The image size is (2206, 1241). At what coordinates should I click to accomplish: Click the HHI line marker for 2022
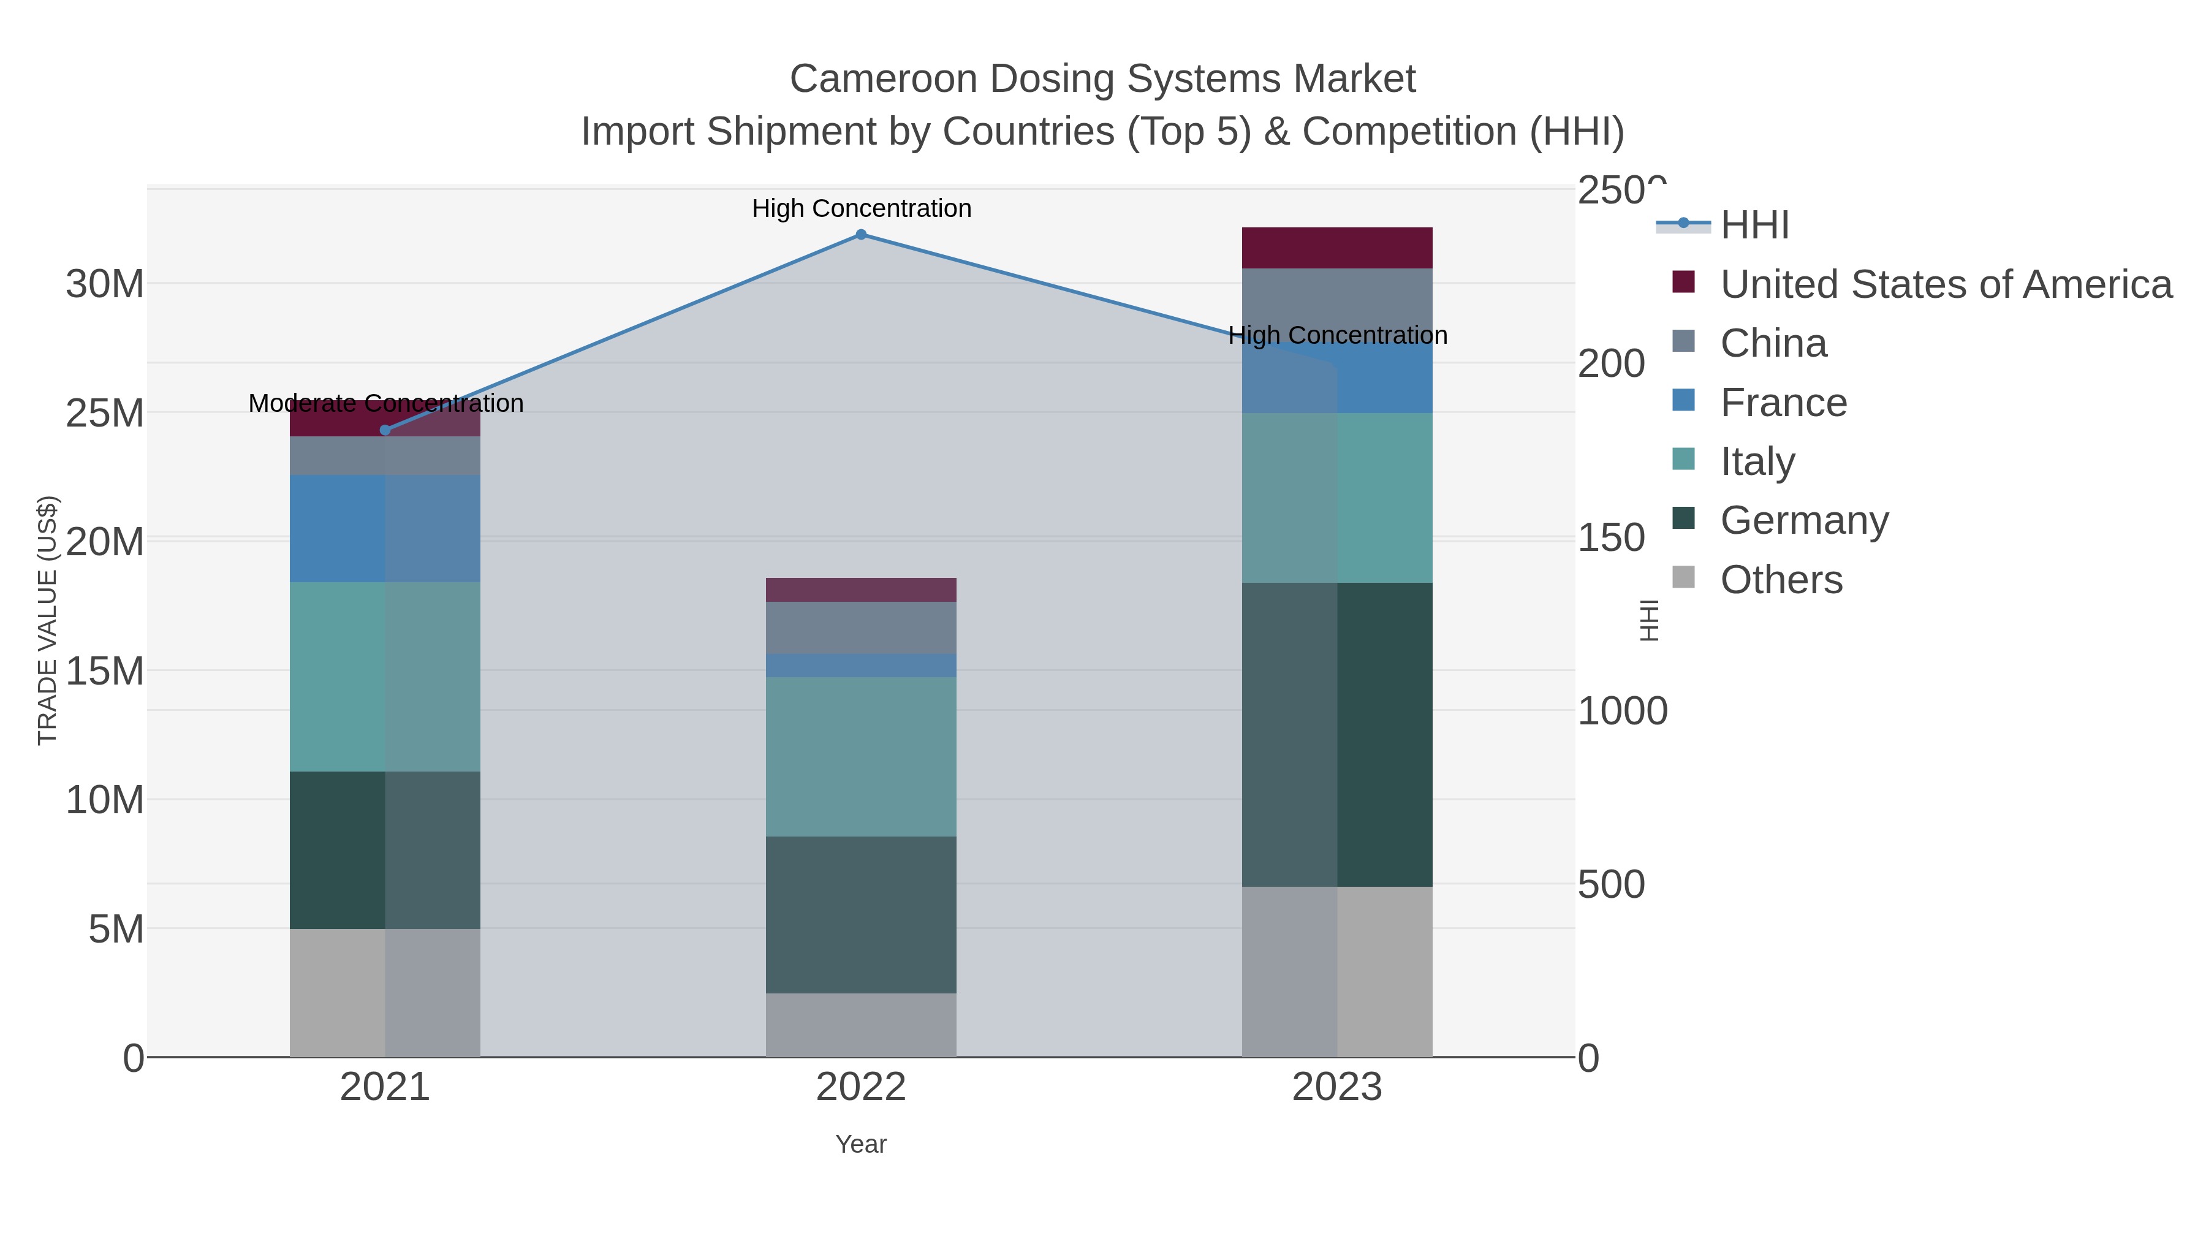861,235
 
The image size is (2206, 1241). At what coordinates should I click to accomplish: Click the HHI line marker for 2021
384,430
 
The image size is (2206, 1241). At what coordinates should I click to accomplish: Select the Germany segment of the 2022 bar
861,915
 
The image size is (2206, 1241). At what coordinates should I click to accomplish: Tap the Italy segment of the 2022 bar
861,757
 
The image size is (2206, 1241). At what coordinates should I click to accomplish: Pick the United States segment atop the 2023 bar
1337,248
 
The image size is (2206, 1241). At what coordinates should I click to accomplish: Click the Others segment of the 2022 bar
861,1025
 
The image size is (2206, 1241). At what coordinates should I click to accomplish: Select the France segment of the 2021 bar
384,528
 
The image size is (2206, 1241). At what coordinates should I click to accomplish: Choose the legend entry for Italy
1757,461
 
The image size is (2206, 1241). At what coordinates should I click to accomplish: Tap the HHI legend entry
1754,226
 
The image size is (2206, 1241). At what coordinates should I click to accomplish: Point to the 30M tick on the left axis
104,284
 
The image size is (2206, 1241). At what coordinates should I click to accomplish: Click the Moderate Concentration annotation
385,403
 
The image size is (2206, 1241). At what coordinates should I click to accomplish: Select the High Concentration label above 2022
862,208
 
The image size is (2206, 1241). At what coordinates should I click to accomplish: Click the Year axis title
861,1144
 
